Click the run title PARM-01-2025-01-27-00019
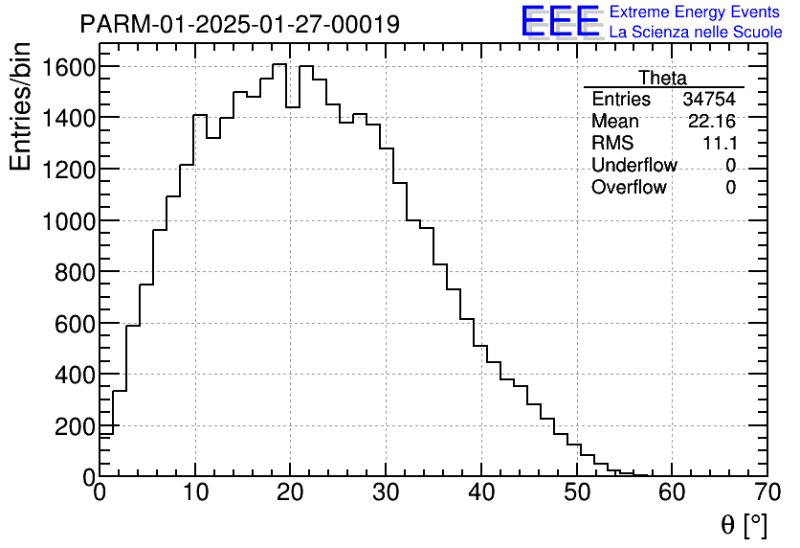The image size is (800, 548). coord(239,24)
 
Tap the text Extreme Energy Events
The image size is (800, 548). coord(696,12)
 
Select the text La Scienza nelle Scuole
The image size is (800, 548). coord(696,33)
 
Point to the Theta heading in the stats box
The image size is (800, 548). coord(662,79)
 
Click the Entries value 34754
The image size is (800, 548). coord(709,100)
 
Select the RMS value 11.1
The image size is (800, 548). coord(719,144)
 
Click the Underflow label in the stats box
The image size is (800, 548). coord(633,166)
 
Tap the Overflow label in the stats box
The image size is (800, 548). coord(629,188)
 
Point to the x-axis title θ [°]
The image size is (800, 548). coord(744,525)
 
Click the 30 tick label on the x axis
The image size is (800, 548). coord(386,491)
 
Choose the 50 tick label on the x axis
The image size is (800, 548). coord(577,491)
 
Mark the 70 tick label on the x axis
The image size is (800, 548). coord(767,491)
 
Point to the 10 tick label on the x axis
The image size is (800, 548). coord(195,491)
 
